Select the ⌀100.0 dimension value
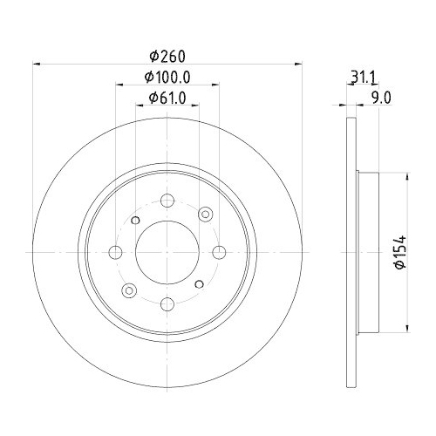pyautogui.click(x=168, y=77)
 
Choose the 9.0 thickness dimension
pyautogui.click(x=380, y=98)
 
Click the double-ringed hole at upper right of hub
pyautogui.click(x=207, y=213)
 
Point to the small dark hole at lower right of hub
pyautogui.click(x=201, y=285)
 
